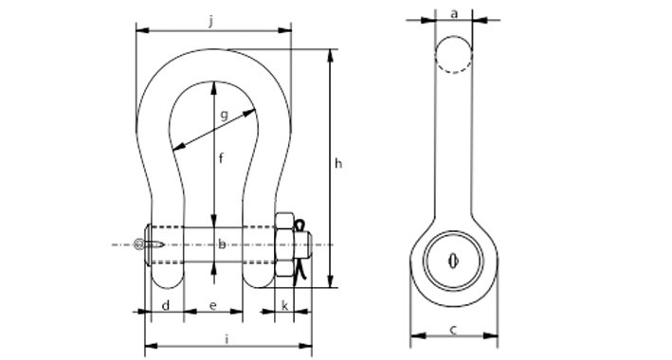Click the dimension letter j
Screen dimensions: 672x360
click(210, 22)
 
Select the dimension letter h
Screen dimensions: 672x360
click(338, 163)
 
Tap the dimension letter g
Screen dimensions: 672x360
click(224, 115)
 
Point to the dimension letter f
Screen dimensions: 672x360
click(221, 158)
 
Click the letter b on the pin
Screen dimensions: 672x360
click(222, 244)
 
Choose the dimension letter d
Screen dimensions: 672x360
click(166, 306)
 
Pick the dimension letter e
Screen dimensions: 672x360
click(213, 306)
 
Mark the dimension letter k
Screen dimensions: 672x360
click(284, 306)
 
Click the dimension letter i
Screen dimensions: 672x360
click(227, 340)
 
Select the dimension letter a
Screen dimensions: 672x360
click(454, 13)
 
